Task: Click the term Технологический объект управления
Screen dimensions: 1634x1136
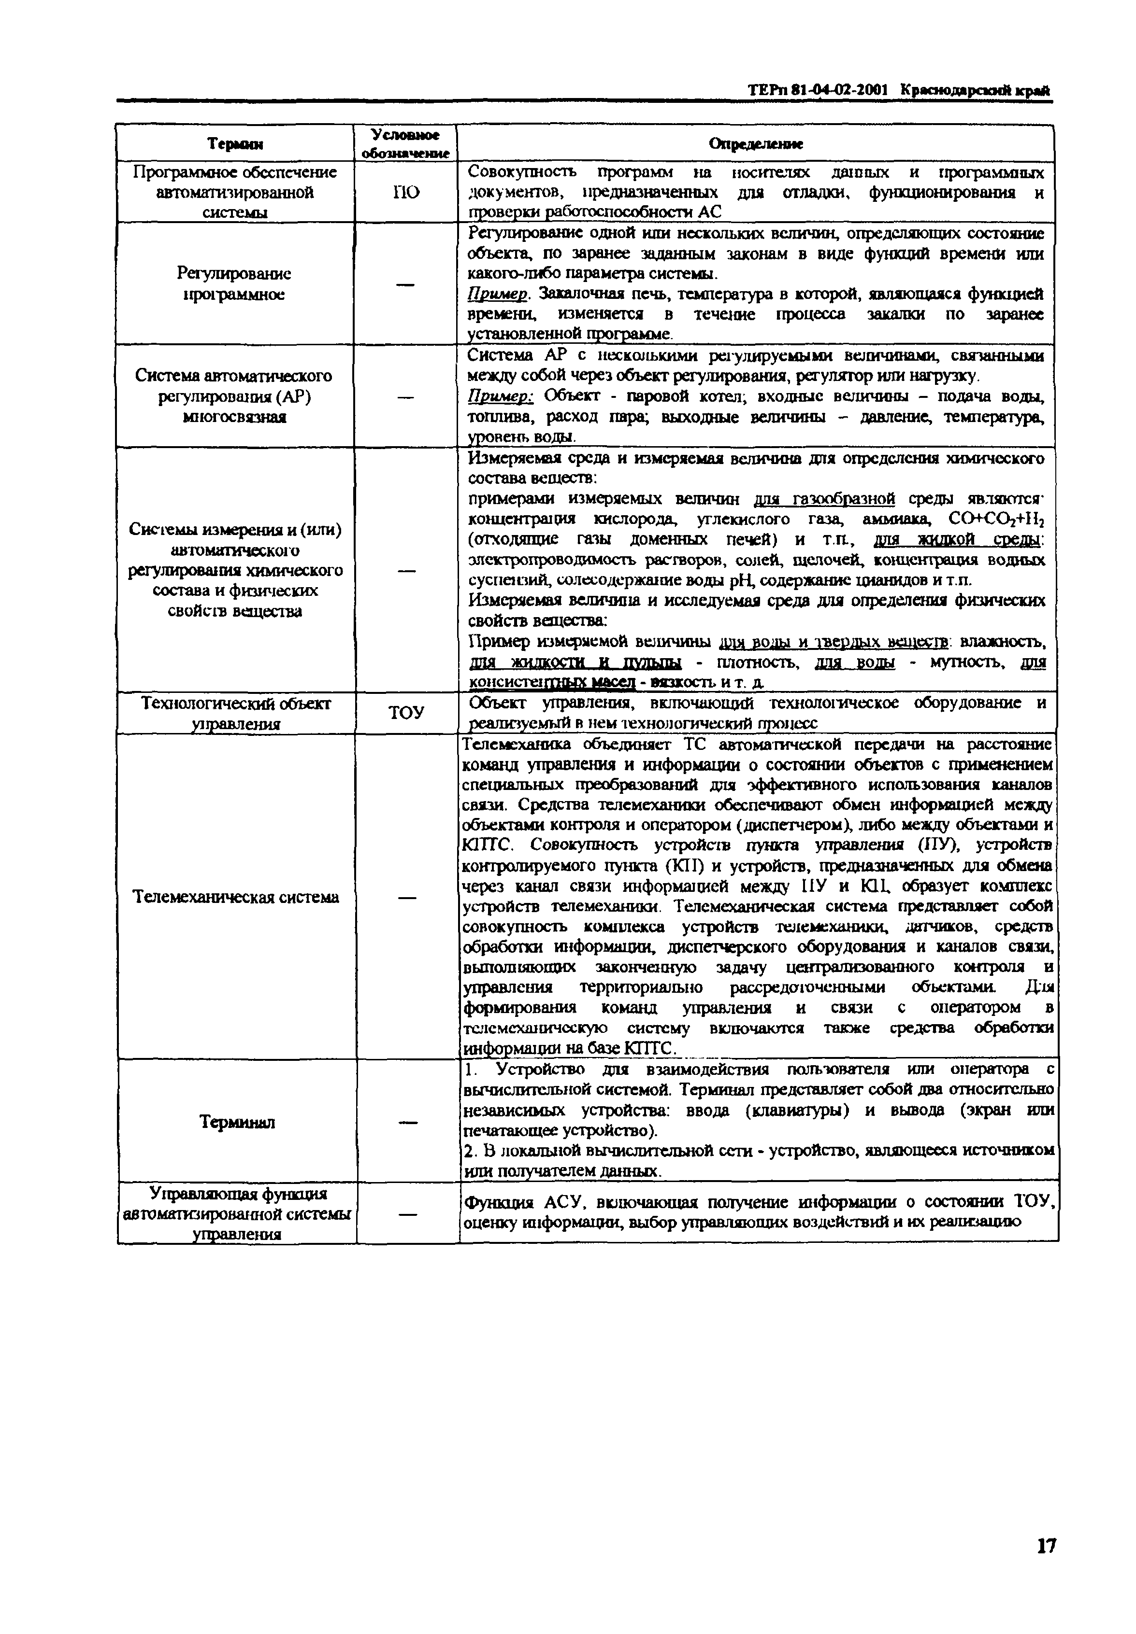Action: pyautogui.click(x=236, y=713)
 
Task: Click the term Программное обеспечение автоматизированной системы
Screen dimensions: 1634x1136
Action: pyautogui.click(x=235, y=192)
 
